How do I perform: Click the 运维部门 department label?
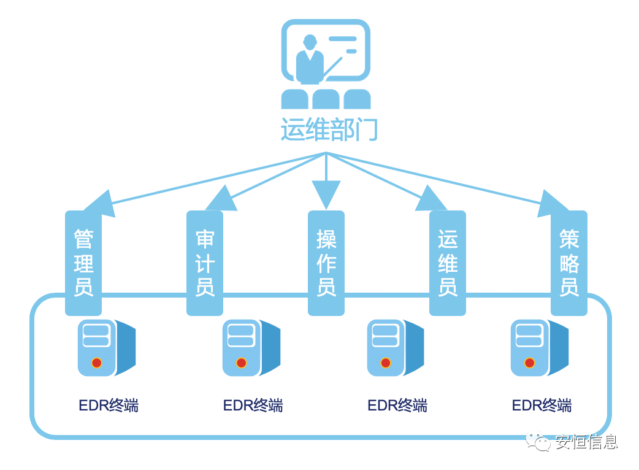pos(329,130)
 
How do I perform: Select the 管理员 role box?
pos(83,263)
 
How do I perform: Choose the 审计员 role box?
pos(205,263)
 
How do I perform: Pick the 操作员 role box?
pos(326,263)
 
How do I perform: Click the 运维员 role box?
pos(448,263)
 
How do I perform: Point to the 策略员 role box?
pos(569,263)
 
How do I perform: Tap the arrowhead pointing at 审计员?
pos(221,199)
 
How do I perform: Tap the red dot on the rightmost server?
pos(529,363)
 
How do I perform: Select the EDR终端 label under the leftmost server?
pos(109,406)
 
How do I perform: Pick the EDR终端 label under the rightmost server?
pos(541,406)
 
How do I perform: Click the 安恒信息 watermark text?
pos(586,442)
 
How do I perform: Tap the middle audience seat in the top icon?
pos(326,100)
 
